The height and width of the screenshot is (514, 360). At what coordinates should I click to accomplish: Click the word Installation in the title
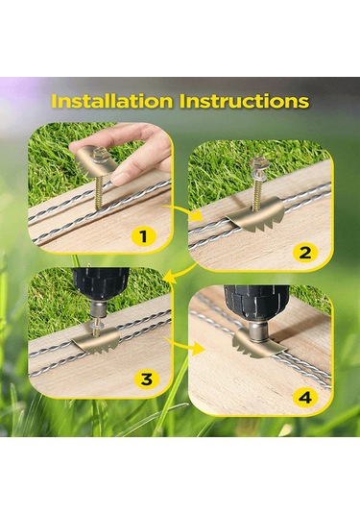pos(112,101)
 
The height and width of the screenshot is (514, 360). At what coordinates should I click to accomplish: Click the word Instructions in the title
pos(245,101)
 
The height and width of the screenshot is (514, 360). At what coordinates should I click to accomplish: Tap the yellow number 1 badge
pos(143,236)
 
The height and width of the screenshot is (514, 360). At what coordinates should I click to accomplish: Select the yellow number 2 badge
pos(304,253)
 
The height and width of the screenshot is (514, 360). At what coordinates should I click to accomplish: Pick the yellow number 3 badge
pos(147,379)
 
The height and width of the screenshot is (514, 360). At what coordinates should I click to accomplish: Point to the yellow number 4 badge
pos(305,398)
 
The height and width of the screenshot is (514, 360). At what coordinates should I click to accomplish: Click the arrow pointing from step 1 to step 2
pos(183,211)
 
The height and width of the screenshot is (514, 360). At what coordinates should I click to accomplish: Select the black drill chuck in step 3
pos(101,283)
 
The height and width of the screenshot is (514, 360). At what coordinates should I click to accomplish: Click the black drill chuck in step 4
pos(256,302)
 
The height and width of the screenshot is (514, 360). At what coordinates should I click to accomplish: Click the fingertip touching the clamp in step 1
pos(119,178)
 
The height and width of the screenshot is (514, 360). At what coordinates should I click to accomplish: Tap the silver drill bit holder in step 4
pos(257,332)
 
